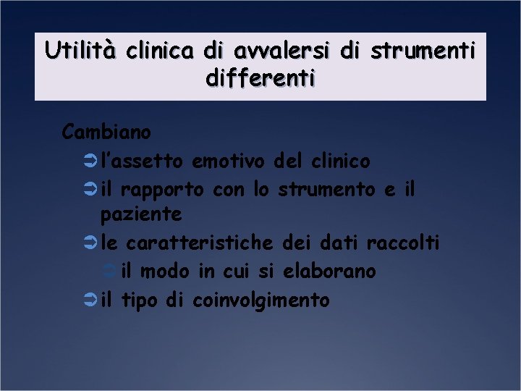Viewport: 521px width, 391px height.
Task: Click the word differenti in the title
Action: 260,77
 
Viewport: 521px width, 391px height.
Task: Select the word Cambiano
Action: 106,133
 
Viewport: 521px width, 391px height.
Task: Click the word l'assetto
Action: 142,161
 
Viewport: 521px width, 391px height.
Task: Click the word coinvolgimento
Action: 260,300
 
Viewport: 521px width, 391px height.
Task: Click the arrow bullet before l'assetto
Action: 90,161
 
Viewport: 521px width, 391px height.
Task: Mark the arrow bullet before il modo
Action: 110,272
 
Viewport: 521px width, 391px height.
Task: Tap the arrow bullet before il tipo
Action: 90,300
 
